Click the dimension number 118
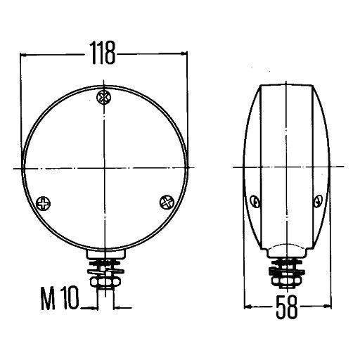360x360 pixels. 103,53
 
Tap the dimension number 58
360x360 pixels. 286,309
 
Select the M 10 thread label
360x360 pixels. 60,304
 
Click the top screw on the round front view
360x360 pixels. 105,96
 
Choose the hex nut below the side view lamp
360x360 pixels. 286,278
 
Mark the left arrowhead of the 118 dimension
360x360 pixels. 25,53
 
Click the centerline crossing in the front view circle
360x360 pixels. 105,168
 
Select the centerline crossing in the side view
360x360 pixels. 286,167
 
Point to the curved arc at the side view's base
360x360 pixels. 286,246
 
